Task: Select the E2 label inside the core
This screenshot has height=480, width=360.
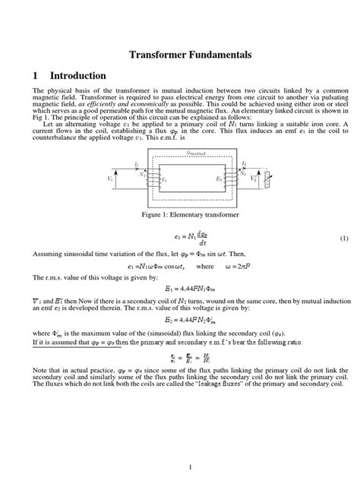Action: [218, 180]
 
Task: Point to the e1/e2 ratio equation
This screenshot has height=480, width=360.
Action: [179, 377]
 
